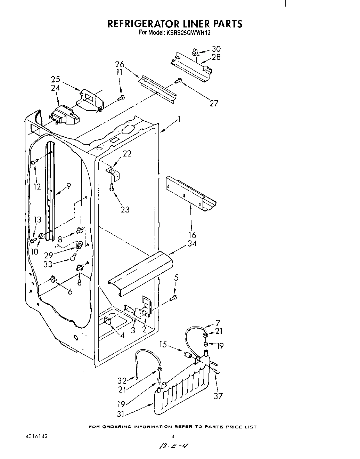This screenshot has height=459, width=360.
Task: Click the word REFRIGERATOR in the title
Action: [142, 24]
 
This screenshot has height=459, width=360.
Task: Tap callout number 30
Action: [216, 49]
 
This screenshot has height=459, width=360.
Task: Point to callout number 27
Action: [214, 103]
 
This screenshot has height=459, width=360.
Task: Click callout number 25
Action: [56, 80]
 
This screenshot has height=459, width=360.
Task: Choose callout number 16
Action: [192, 235]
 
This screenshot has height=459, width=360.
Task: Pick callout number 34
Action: [192, 243]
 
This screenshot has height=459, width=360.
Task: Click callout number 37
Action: [218, 396]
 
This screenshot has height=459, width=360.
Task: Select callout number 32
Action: [122, 380]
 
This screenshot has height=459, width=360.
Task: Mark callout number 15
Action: [164, 344]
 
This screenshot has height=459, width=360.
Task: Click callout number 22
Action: [127, 153]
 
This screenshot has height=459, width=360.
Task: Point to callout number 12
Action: [37, 187]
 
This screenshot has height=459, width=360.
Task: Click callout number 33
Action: [48, 264]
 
